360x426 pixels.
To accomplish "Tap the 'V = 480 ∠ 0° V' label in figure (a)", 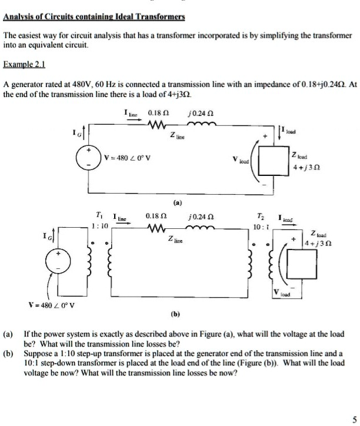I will (128, 157).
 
